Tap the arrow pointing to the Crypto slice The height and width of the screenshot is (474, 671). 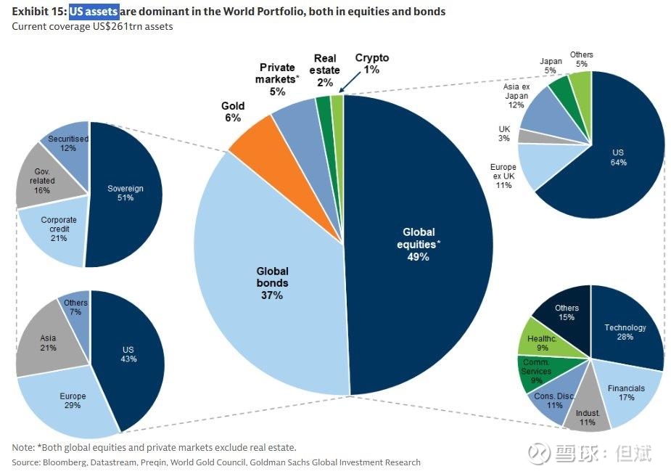pos(350,82)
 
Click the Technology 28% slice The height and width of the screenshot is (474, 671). pos(625,332)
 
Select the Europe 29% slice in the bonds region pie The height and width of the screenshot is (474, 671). pos(70,401)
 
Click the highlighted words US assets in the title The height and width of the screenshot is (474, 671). pos(94,11)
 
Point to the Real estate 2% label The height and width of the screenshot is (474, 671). pos(325,70)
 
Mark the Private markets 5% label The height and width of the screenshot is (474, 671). pos(277,79)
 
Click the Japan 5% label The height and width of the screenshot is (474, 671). pos(551,65)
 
